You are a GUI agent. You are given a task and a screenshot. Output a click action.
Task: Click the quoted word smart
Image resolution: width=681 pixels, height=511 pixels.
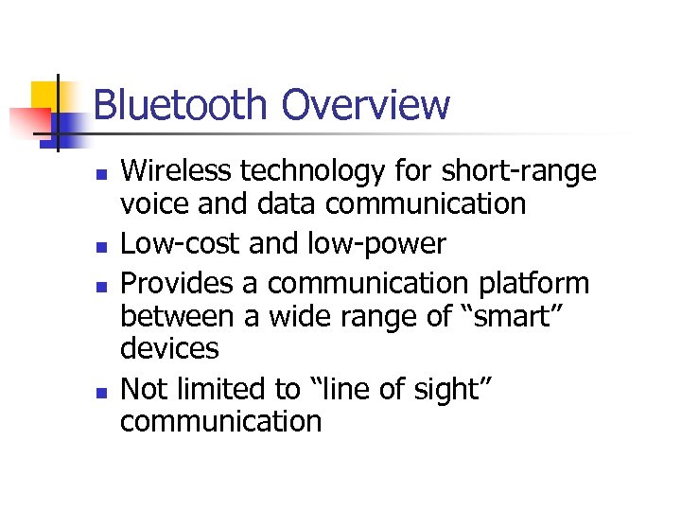click(510, 316)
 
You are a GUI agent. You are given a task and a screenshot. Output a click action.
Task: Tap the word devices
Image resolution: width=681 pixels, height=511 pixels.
click(169, 348)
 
